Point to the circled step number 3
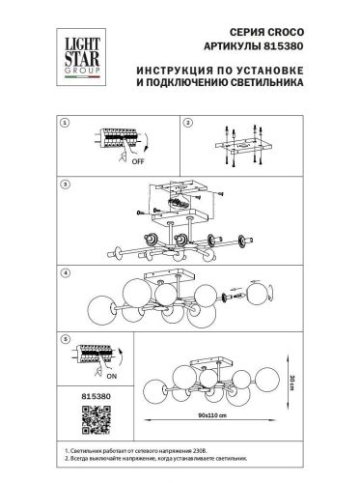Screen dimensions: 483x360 coord(64,183)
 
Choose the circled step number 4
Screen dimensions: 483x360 coord(64,272)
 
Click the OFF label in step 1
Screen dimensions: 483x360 coord(112,163)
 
